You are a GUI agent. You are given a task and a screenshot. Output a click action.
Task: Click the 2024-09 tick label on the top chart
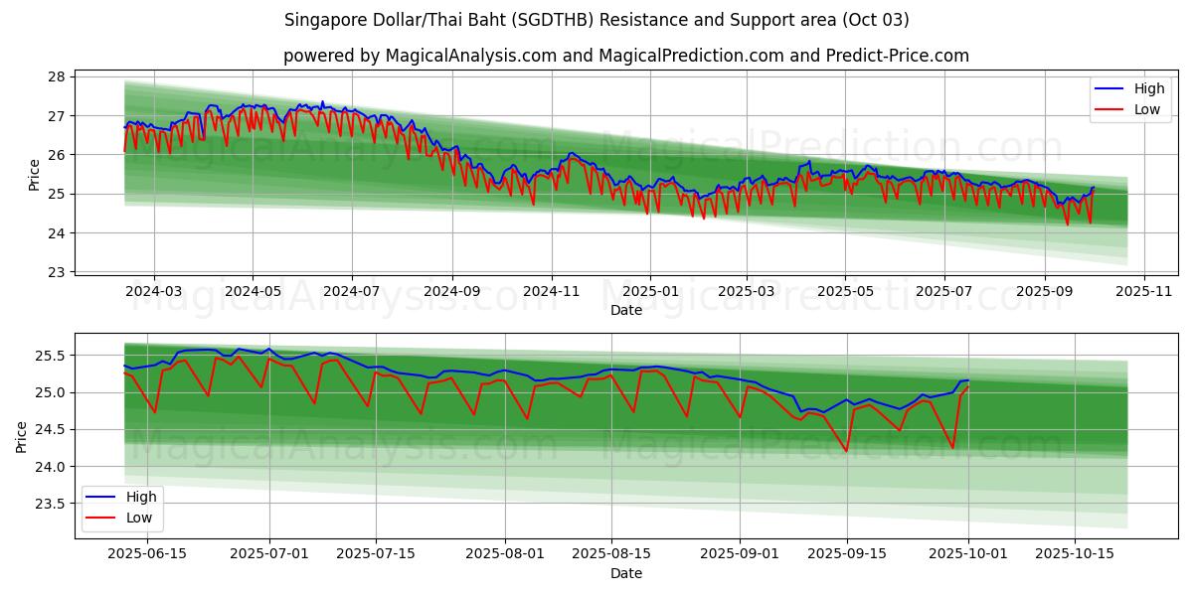coord(451,291)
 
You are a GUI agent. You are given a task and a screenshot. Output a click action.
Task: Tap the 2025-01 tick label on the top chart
coord(650,291)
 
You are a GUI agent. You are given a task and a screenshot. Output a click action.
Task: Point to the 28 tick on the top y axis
coord(56,76)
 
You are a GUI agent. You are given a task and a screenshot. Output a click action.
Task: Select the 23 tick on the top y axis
coord(56,272)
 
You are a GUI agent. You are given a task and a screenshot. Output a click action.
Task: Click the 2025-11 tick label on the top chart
coord(1144,291)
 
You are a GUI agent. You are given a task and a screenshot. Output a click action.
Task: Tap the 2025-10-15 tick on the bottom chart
coord(1075,554)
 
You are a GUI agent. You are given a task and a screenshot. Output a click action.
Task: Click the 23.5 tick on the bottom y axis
coord(49,504)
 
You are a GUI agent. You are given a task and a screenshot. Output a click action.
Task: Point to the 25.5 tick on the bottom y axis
coord(49,356)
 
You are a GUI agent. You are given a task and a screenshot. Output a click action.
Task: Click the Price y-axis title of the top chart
coord(35,175)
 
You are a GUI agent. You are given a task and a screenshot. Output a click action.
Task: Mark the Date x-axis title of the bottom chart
coord(626,573)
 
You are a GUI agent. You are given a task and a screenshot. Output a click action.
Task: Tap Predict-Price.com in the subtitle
coord(898,56)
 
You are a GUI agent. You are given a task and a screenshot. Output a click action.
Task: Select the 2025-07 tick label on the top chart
coord(352,291)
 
